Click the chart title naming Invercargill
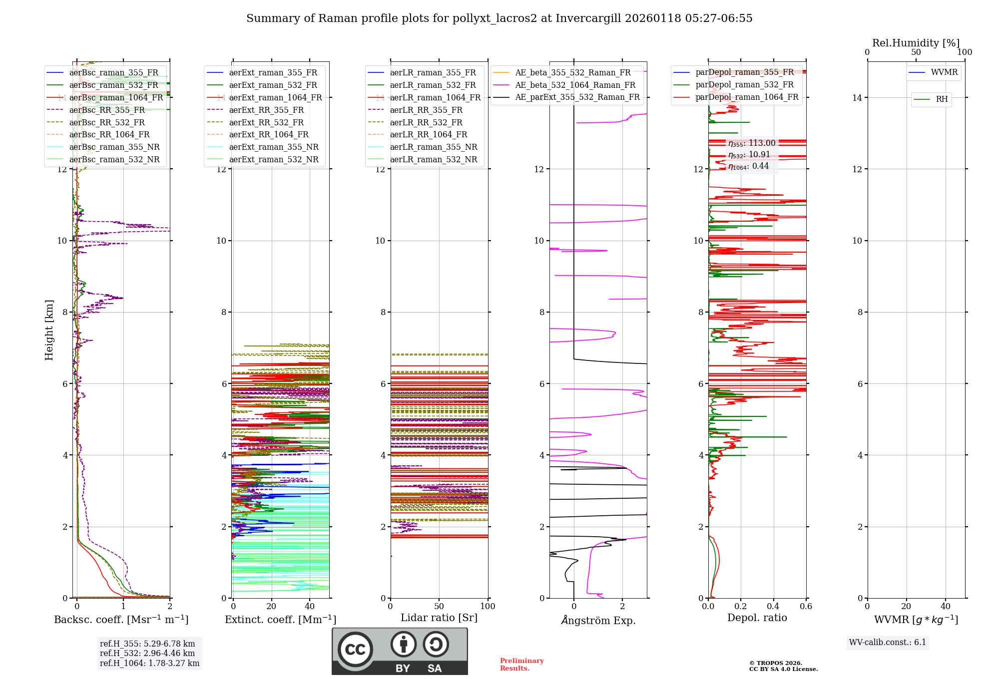(499, 18)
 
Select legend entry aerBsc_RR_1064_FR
(109, 135)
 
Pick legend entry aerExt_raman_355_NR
(273, 147)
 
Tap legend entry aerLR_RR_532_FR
(426, 122)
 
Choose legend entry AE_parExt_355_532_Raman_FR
(577, 97)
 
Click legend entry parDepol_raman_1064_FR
(746, 97)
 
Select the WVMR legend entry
(944, 73)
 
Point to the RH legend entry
(941, 99)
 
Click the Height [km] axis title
(49, 330)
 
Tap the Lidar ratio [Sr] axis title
(439, 618)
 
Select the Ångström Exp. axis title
(598, 621)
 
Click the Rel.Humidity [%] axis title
(916, 43)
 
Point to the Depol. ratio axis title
(757, 618)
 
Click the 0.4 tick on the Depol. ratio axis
(773, 607)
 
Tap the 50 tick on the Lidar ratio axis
(439, 607)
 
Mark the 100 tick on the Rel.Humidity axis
(965, 52)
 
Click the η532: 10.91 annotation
(749, 155)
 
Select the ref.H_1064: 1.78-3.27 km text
(149, 664)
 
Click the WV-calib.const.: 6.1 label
(887, 643)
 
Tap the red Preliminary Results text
(521, 665)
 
